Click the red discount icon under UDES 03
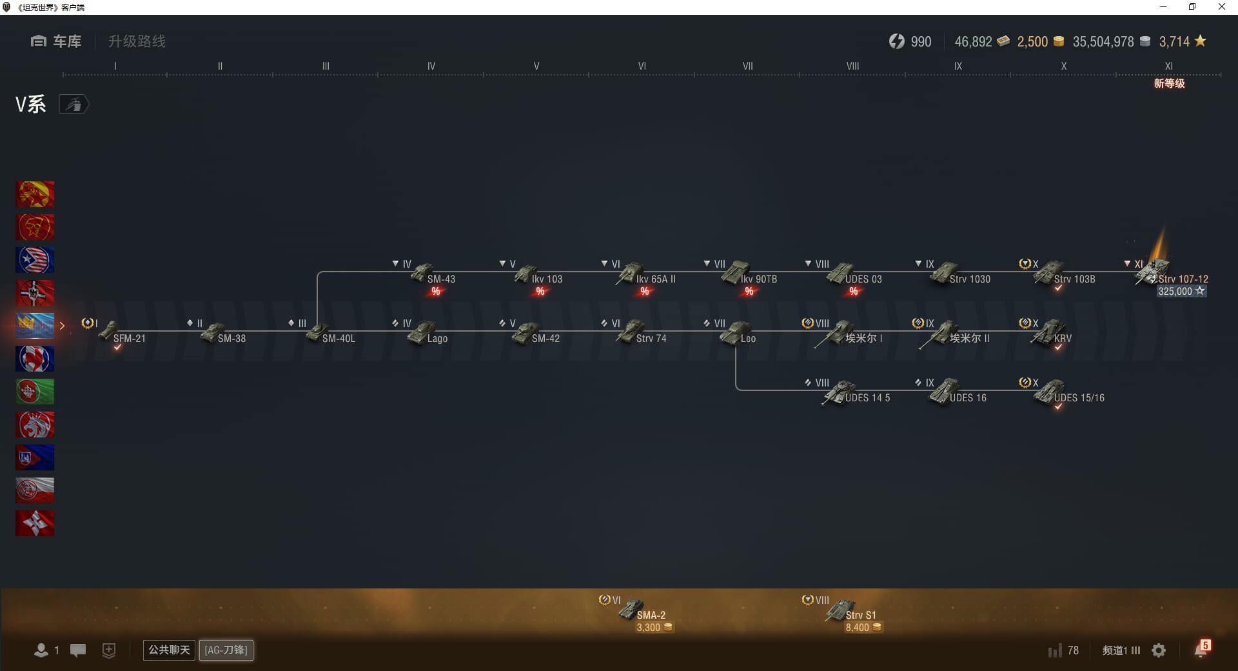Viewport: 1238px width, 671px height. pos(854,292)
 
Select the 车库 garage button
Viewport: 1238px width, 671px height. pos(56,41)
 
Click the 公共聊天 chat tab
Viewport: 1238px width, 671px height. pos(169,650)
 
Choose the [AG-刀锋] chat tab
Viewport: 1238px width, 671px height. pos(226,650)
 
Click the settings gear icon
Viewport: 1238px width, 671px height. pos(1159,650)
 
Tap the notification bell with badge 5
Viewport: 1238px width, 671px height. pos(1201,649)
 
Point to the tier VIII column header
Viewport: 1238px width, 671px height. pos(852,66)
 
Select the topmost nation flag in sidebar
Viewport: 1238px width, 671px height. pos(35,194)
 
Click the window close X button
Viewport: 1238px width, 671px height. pos(1221,7)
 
